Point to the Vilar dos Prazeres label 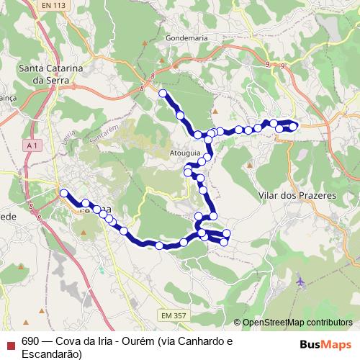(287, 195)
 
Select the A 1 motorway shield (31, 145)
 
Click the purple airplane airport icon (300, 281)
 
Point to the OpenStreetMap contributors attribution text (297, 323)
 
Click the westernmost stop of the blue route (64, 193)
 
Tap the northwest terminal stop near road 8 (163, 94)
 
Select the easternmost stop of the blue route (293, 127)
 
